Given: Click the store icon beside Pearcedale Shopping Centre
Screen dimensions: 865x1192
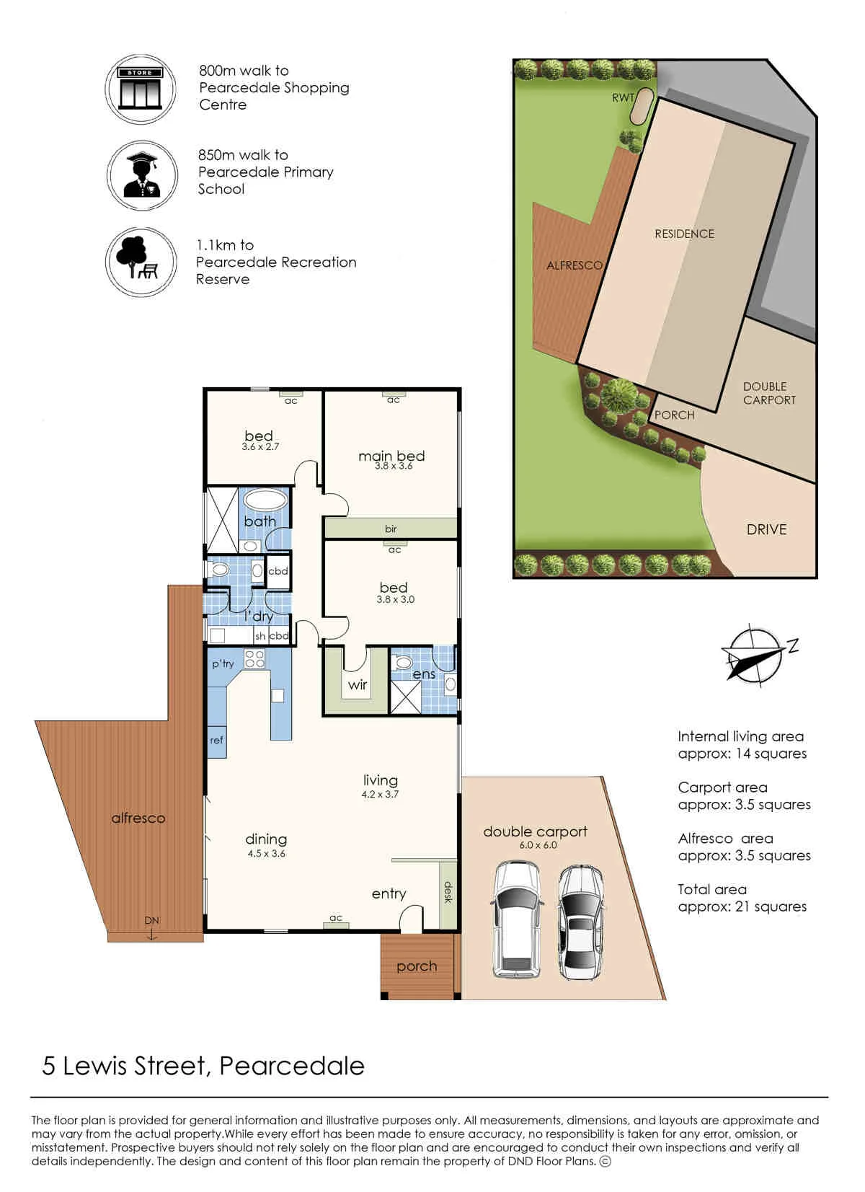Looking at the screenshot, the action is pos(140,89).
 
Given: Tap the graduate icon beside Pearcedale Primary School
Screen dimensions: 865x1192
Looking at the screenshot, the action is pos(141,175).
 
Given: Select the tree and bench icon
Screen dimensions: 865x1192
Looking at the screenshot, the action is pos(141,262).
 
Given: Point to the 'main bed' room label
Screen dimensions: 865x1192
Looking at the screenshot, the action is pos(391,456).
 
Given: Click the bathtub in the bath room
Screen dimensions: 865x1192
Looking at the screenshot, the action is pos(266,500).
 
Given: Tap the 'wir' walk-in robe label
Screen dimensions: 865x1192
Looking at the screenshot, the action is pos(358,684).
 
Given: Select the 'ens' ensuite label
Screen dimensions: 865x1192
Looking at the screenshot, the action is pos(424,674).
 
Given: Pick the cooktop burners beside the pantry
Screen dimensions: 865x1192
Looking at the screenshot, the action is pos(254,659).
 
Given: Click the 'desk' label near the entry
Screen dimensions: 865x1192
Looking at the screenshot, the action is pos(448,892).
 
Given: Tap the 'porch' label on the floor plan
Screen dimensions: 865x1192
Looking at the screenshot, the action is pos(417,966).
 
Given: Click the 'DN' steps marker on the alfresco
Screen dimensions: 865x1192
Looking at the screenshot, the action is pos(151,920).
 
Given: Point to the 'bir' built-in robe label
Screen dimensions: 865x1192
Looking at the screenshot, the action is pos(391,529).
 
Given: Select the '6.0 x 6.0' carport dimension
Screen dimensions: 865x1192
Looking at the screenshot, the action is pos(538,845).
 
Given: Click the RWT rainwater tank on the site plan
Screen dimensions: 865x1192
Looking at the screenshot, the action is pos(641,106).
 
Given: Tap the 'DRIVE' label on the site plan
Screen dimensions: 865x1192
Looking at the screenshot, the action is pos(766,529).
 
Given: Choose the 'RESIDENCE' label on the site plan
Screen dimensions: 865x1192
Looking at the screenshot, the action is pos(685,234).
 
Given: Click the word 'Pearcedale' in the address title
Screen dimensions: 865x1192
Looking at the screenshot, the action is pos(292,1077).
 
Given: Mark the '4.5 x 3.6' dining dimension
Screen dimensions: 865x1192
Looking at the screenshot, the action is pos(267,854).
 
